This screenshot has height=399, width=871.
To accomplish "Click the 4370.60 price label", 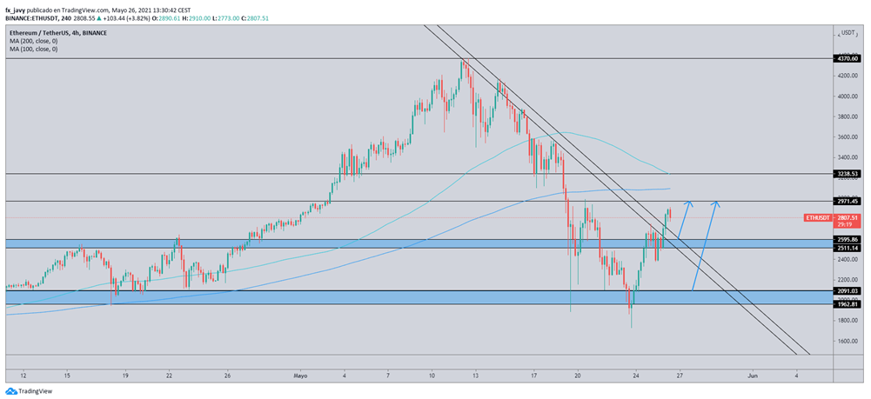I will pos(846,59).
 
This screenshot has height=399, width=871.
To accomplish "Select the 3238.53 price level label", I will pos(846,174).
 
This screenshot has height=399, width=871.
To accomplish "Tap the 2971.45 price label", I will pos(846,201).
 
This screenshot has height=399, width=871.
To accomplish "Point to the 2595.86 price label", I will pos(846,239).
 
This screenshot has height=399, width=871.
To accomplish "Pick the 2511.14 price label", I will pos(846,248).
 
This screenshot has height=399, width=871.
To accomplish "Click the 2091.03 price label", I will pos(846,291).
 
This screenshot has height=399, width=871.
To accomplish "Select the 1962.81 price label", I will pos(846,304).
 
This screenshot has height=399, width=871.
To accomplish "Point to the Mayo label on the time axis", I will pos(300,376).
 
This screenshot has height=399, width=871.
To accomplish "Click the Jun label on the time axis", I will pos(754,376).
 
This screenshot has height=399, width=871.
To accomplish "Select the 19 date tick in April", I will pos(125,376).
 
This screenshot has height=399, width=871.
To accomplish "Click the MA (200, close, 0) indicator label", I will pos(34,41).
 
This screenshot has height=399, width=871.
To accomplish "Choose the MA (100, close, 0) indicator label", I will pos(34,49).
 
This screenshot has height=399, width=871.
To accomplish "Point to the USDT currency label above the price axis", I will pos(847,32).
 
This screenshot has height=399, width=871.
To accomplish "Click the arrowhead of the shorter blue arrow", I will pos(688,203).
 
